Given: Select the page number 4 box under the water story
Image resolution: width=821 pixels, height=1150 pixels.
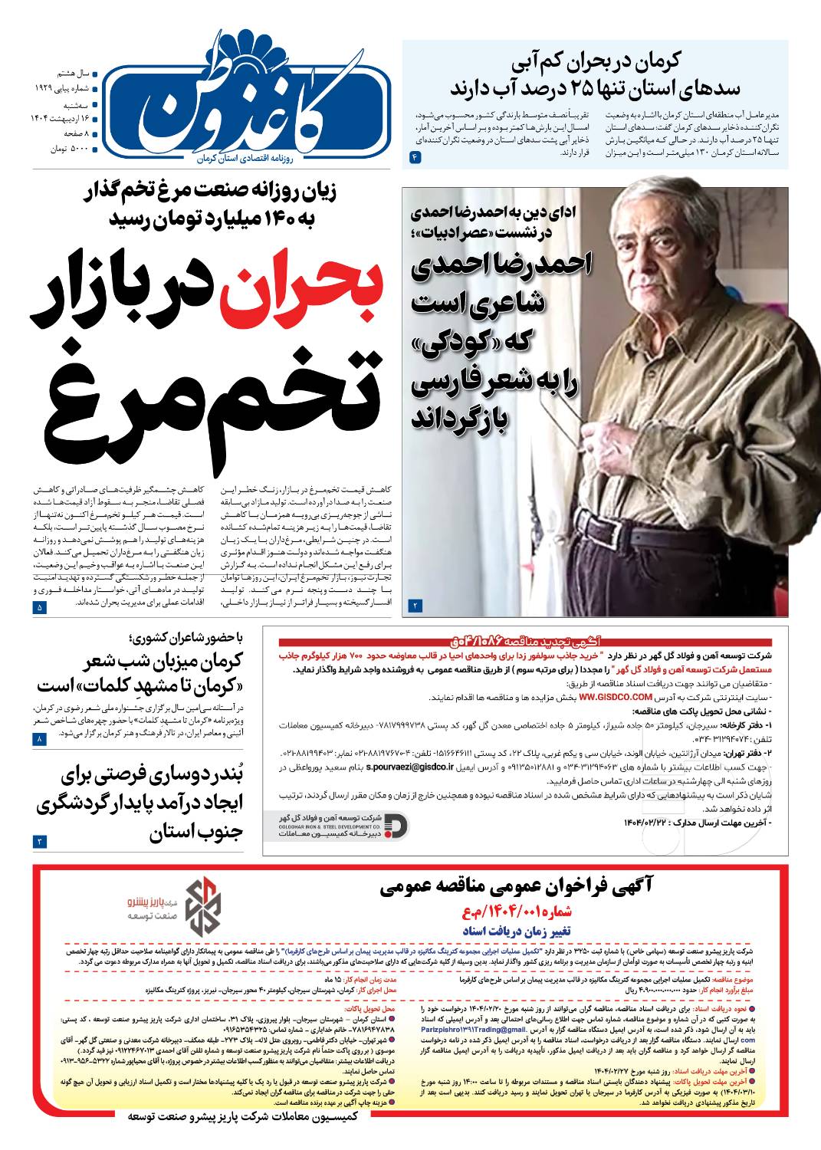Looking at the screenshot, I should [416, 157].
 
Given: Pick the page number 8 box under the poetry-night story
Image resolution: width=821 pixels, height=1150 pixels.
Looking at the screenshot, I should [40, 739].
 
